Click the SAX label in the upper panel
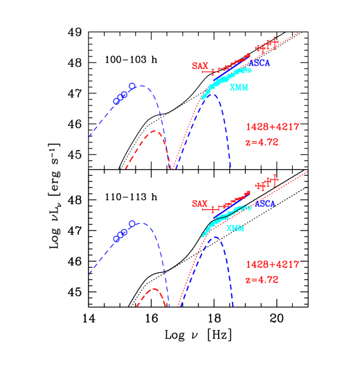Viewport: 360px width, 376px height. pos(200,66)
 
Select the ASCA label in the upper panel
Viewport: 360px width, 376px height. pos(259,63)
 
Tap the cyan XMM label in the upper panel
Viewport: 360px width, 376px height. pos(238,87)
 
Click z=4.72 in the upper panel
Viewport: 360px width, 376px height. pos(261,142)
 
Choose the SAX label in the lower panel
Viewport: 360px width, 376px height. pos(200,204)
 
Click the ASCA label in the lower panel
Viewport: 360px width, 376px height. pos(265,204)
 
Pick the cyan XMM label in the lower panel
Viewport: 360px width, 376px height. pos(235,228)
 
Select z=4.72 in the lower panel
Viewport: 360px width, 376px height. pos(261,280)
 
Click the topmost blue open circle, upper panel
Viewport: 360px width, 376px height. pos(132,86)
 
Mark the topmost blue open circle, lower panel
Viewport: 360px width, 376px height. pos(132,223)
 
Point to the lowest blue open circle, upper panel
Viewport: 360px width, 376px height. pos(117,101)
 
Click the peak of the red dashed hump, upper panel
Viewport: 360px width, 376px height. pos(154,131)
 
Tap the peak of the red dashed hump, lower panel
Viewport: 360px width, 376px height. pos(154,289)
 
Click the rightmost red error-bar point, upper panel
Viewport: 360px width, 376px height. pos(275,42)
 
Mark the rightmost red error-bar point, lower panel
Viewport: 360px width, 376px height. pos(276,180)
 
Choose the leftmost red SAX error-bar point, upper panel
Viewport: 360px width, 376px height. pos(213,72)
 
